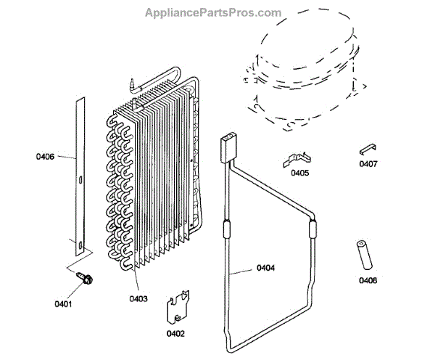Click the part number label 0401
64,304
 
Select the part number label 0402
175,334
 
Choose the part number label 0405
299,173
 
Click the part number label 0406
45,155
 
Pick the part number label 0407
368,164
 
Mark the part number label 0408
368,281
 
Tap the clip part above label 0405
297,157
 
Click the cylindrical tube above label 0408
362,255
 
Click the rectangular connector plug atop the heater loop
229,146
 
